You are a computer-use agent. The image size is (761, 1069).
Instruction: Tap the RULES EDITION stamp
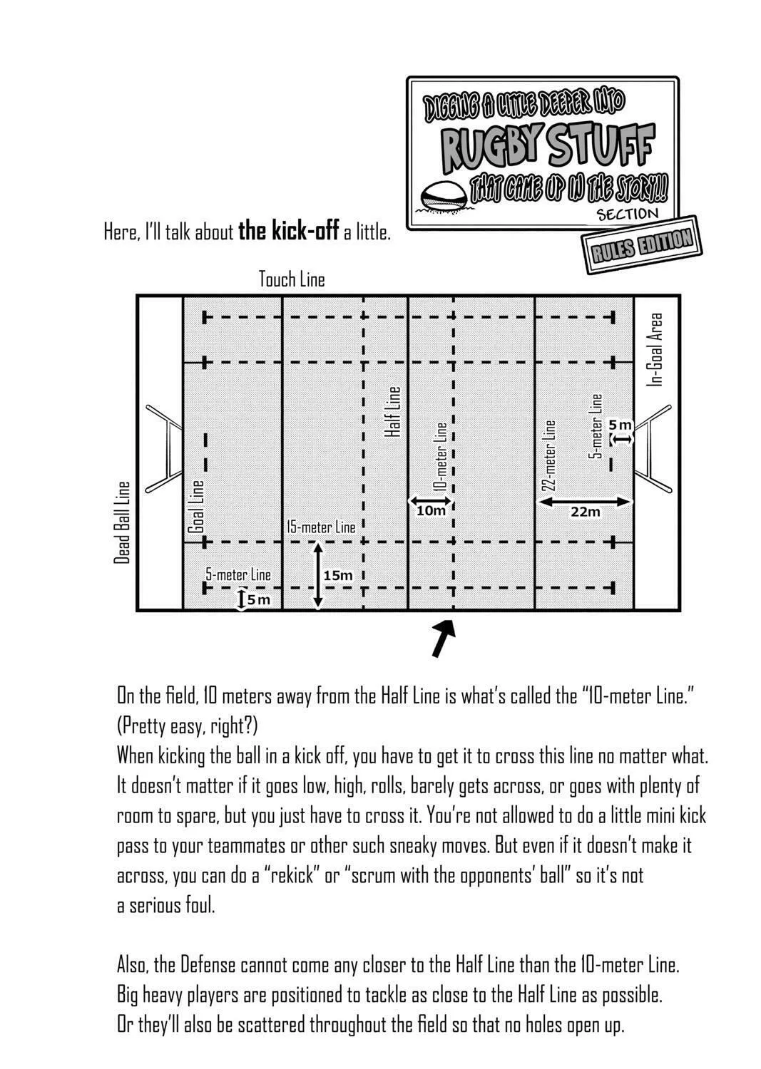tap(642, 245)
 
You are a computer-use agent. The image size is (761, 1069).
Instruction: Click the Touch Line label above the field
tap(292, 279)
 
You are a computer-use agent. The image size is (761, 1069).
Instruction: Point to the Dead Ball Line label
tap(122, 522)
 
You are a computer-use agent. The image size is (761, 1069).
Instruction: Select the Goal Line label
tap(196, 506)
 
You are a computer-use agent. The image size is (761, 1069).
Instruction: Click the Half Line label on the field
tap(393, 411)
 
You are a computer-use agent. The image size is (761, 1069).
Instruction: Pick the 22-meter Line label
tap(549, 455)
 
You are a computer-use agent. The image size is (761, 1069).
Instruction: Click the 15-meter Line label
tap(321, 527)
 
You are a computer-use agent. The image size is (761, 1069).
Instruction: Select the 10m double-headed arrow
tap(430, 500)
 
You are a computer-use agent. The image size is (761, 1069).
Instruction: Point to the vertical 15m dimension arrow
tap(318, 576)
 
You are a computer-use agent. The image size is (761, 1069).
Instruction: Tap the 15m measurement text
tap(338, 575)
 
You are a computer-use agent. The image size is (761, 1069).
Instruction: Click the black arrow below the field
tap(444, 638)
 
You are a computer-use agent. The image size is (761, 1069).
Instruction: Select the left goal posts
tap(164, 448)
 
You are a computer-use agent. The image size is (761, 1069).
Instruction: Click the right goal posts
tap(653, 448)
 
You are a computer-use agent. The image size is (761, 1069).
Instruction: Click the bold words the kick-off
tap(289, 232)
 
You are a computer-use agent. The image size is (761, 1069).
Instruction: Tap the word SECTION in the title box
tap(627, 215)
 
